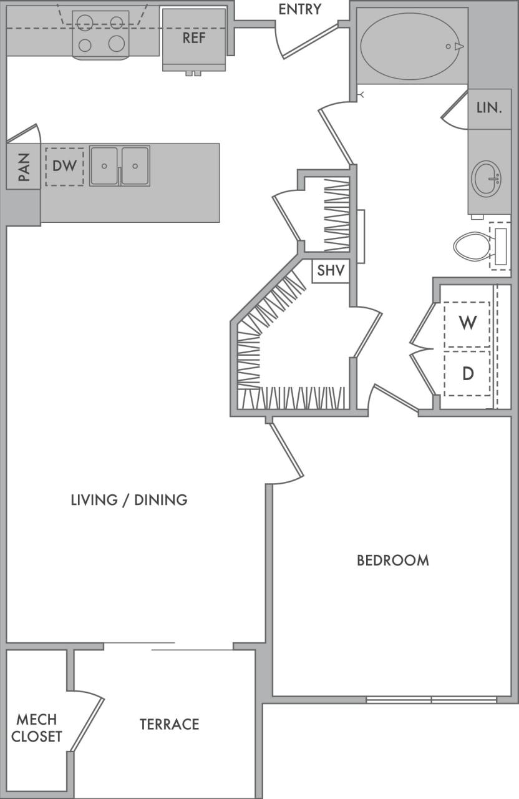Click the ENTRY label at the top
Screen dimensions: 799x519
[300, 9]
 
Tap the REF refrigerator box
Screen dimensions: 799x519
[194, 38]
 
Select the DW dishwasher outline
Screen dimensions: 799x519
[64, 167]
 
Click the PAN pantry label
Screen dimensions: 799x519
[24, 167]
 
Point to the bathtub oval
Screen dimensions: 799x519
[412, 47]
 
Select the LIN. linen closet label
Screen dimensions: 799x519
[489, 108]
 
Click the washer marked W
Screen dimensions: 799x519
[467, 323]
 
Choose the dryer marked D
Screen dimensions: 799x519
[467, 373]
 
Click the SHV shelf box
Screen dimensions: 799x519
[330, 272]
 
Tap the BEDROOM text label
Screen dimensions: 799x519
[392, 560]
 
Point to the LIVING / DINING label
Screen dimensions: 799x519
[129, 499]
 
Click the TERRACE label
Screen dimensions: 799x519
[169, 724]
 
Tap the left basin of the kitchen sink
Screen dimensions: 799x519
[104, 166]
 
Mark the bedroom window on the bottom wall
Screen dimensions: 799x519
[431, 700]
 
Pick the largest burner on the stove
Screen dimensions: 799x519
[117, 43]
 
